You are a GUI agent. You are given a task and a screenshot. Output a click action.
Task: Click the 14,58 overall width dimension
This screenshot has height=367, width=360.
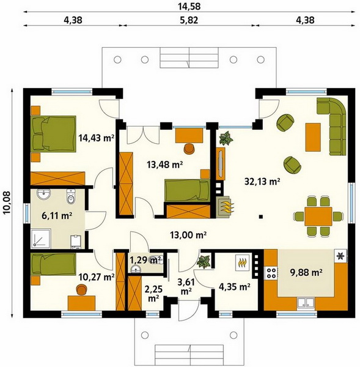tap(189, 6)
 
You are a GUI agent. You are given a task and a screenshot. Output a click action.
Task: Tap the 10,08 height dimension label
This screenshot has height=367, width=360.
tap(7, 202)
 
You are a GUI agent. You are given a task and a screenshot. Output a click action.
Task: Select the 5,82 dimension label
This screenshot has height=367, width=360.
tap(189, 20)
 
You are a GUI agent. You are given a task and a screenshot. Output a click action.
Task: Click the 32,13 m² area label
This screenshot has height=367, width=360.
tap(262, 182)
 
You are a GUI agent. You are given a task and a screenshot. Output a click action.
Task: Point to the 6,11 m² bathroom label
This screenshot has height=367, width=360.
tap(57, 215)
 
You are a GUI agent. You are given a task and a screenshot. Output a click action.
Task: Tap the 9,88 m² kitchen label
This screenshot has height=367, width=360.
tap(306, 272)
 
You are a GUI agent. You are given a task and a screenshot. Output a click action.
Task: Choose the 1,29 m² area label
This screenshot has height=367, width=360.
tap(145, 259)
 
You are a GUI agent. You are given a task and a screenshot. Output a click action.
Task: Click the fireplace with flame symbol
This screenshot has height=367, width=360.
tap(225, 206)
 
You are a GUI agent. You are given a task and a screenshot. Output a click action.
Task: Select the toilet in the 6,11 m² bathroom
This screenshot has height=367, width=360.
tap(70, 196)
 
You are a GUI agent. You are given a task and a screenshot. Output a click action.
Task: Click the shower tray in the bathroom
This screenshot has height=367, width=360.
tap(40, 239)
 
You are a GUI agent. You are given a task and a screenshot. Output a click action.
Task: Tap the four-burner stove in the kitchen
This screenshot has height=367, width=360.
tap(271, 273)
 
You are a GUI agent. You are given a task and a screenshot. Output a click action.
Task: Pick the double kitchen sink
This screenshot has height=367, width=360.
tap(306, 302)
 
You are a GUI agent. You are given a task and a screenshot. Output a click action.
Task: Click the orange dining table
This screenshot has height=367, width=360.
tap(318, 217)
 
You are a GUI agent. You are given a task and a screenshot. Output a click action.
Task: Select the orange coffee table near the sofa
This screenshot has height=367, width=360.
tap(313, 137)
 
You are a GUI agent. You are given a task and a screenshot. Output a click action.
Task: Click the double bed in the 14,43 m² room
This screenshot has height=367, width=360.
tap(54, 133)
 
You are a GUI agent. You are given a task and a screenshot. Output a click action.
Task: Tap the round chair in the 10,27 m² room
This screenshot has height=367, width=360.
tap(81, 289)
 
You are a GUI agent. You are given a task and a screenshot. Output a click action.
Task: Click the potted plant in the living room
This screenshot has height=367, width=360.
tap(226, 138)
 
